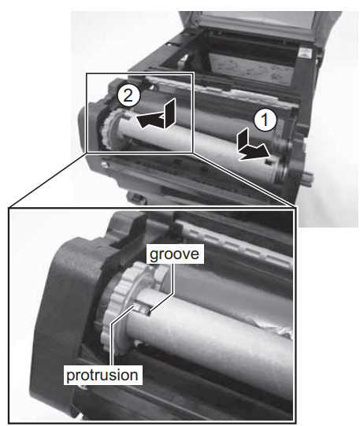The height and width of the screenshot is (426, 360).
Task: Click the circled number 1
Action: (265, 120)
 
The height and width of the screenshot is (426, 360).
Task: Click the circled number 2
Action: (128, 96)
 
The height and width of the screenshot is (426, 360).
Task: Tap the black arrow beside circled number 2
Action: (156, 116)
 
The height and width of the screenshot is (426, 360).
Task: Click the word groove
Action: (174, 254)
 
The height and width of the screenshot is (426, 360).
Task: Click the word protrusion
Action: (102, 375)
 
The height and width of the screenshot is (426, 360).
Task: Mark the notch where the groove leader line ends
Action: (149, 313)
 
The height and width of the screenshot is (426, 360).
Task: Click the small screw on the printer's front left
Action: (103, 165)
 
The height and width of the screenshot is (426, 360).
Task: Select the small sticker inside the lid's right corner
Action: (305, 53)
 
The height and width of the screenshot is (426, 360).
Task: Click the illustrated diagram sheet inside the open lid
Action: (251, 68)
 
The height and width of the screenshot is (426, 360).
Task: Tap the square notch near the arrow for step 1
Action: (269, 162)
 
